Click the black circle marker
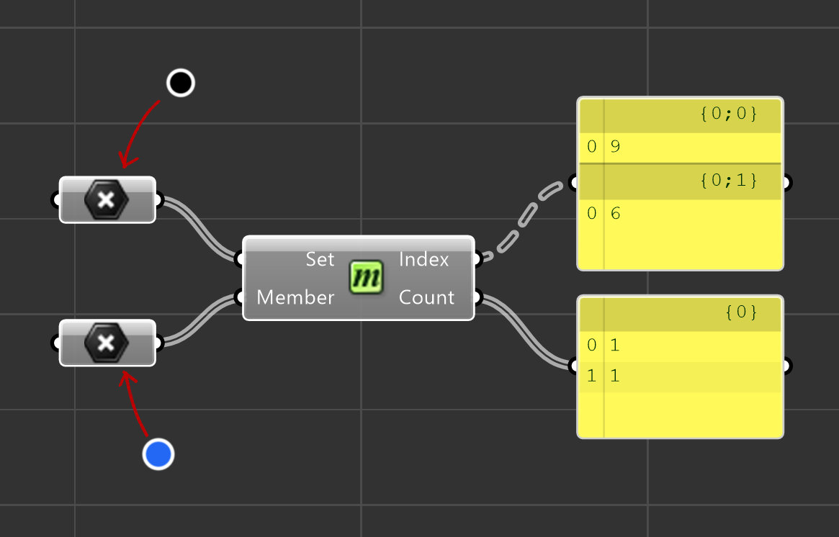click(x=180, y=83)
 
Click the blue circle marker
click(x=158, y=454)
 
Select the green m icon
click(x=367, y=278)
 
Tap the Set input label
click(x=320, y=259)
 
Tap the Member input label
click(x=295, y=297)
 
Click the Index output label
click(x=424, y=259)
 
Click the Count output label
click(x=426, y=297)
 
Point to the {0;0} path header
click(x=728, y=114)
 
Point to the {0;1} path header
click(x=728, y=181)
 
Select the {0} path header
click(x=742, y=312)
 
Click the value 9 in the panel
click(x=615, y=147)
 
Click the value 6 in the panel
click(x=615, y=214)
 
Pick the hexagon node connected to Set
click(x=107, y=199)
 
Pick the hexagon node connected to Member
click(x=107, y=343)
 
